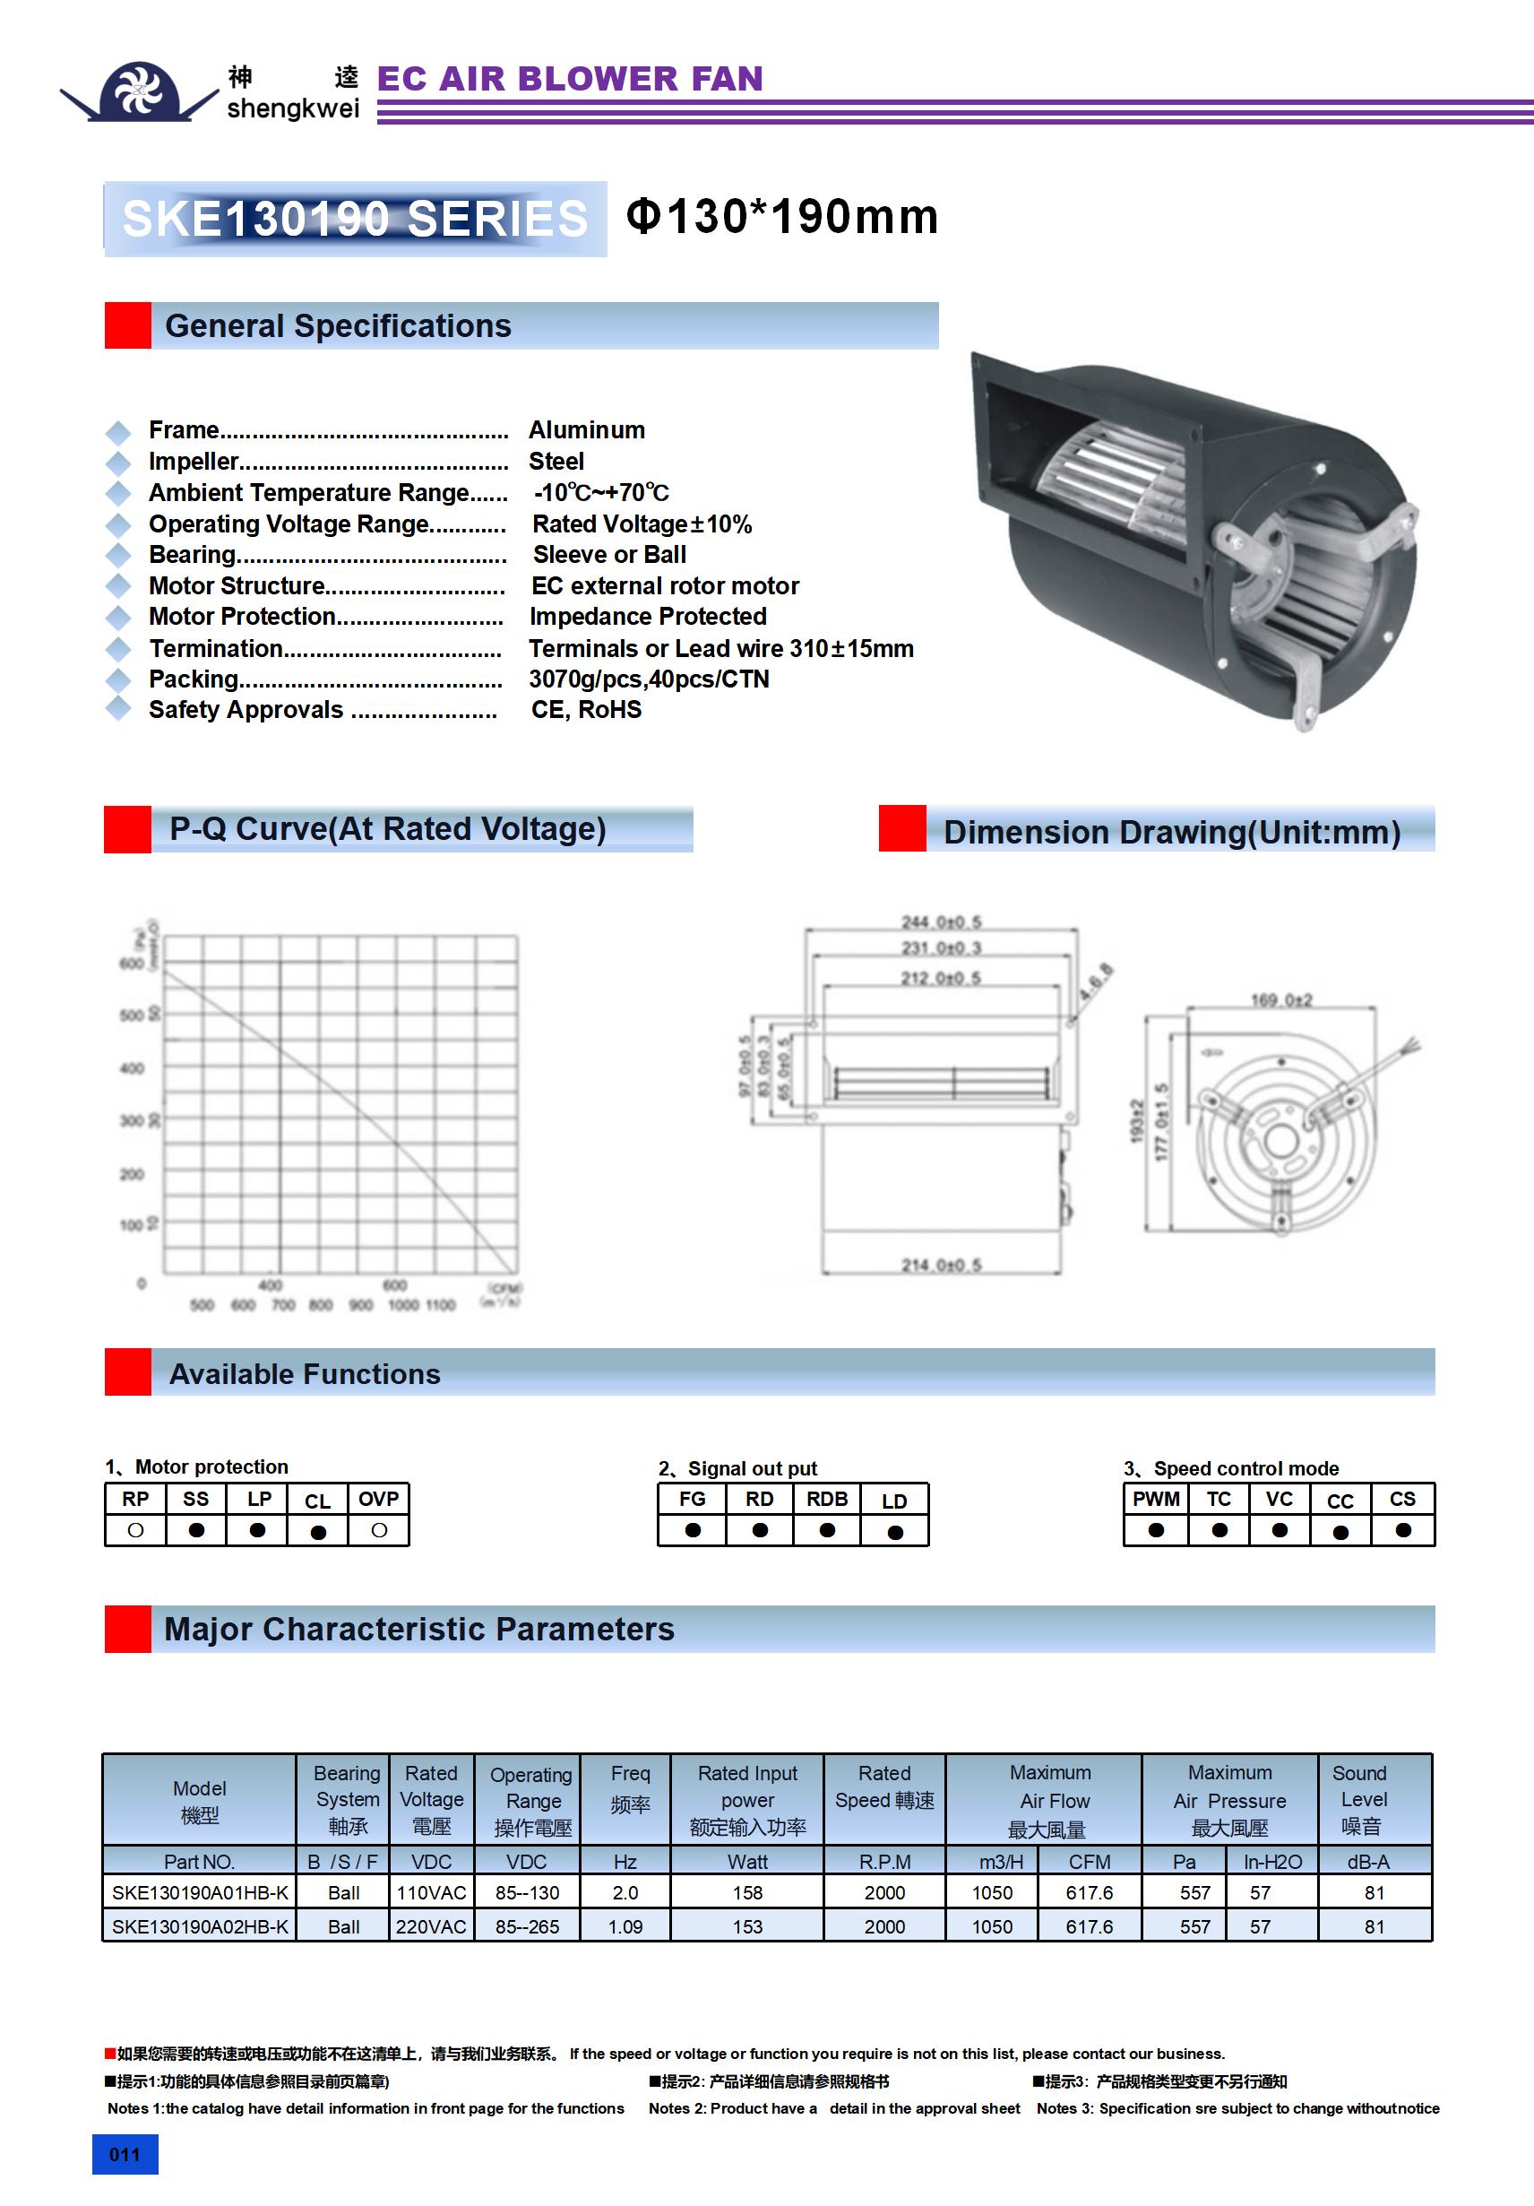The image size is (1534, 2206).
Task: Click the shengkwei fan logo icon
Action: [x=139, y=91]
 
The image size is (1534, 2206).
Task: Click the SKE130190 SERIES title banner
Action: [x=355, y=219]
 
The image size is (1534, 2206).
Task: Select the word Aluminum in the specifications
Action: [x=586, y=429]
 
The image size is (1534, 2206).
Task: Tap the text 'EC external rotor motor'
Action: [x=665, y=585]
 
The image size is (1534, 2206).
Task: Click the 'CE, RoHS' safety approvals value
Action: [x=586, y=709]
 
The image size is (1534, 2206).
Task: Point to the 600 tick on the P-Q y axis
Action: [x=132, y=964]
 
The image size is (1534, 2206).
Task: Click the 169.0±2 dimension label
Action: [x=1280, y=1000]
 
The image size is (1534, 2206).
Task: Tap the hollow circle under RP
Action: [x=135, y=1529]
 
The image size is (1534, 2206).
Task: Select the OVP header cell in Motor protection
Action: [x=378, y=1499]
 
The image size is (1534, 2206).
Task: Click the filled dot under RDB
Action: [x=827, y=1529]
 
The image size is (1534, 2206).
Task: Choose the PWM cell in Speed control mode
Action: [x=1156, y=1499]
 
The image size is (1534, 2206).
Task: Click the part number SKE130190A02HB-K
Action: [x=200, y=1926]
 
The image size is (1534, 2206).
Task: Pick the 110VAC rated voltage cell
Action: [x=431, y=1893]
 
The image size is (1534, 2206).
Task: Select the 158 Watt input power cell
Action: [x=747, y=1893]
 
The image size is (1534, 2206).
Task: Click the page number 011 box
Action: [x=125, y=2154]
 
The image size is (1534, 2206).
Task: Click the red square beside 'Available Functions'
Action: [x=128, y=1372]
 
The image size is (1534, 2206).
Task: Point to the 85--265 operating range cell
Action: [x=528, y=1926]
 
